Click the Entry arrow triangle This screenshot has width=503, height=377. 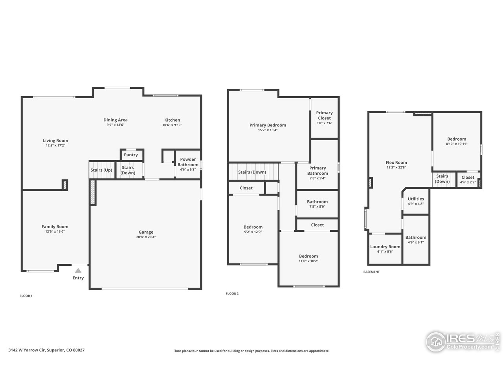[x=78, y=271]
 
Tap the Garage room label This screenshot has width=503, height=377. [x=146, y=232]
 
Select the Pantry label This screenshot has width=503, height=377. [x=131, y=155]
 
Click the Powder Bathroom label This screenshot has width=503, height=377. [x=188, y=162]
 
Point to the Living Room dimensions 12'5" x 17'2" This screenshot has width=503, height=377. [x=55, y=146]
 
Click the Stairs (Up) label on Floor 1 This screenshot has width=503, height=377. [x=102, y=170]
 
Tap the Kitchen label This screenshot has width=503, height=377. [x=172, y=120]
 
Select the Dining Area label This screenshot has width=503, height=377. [x=116, y=120]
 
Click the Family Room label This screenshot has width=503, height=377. [x=55, y=227]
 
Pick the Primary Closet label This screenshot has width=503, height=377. [x=324, y=115]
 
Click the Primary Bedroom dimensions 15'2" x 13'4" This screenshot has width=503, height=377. [x=268, y=130]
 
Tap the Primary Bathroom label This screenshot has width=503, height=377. [x=318, y=171]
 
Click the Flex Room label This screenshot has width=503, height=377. [x=396, y=163]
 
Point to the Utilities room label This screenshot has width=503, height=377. [x=416, y=199]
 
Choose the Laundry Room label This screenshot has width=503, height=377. [x=385, y=247]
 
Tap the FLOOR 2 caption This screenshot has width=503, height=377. [x=232, y=294]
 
